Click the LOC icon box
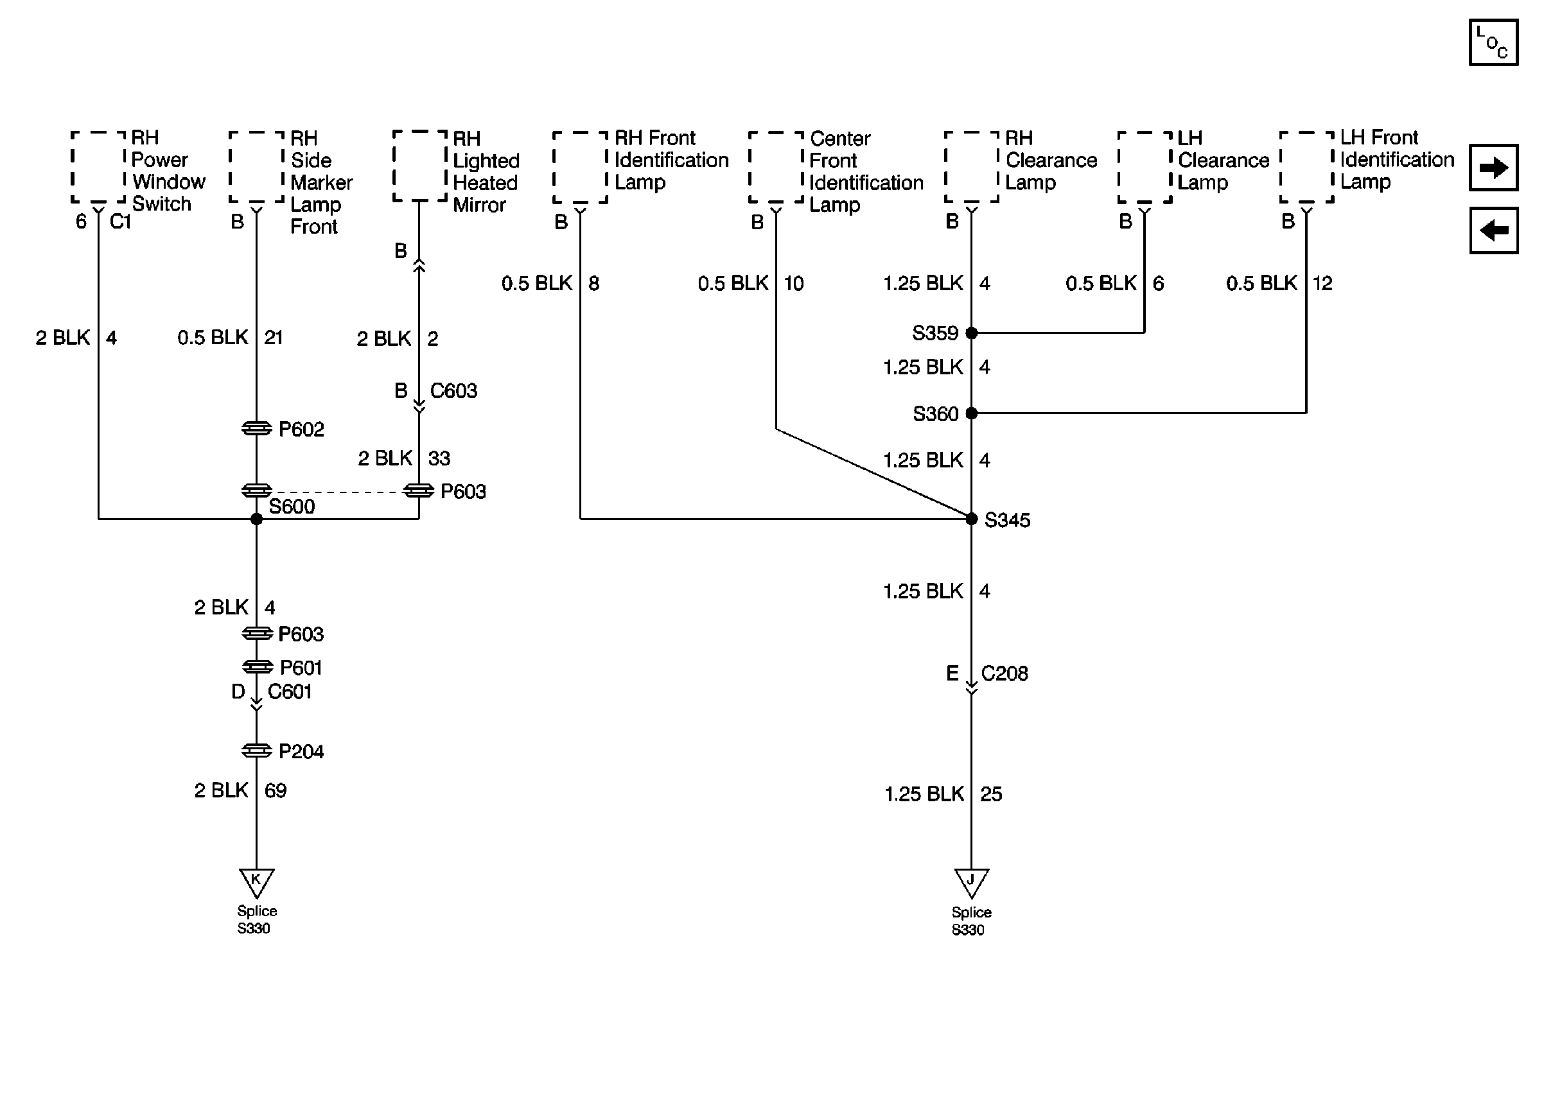[x=1493, y=42]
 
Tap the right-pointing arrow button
[x=1493, y=167]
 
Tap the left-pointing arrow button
[x=1493, y=230]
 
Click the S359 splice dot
[x=971, y=333]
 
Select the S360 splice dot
[x=971, y=413]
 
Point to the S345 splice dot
[x=971, y=519]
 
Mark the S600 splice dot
[x=256, y=519]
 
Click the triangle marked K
[x=256, y=882]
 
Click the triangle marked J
[x=970, y=882]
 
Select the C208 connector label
[x=1004, y=673]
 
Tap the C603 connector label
[x=453, y=390]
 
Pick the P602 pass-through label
[x=301, y=430]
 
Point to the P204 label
[x=301, y=751]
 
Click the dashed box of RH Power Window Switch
[x=98, y=167]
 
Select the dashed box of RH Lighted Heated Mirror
[x=420, y=166]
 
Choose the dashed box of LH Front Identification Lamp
[x=1306, y=167]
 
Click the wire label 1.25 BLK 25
[x=943, y=794]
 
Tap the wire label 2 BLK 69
[x=240, y=790]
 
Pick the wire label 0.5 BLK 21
[x=229, y=338]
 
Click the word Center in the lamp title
[x=839, y=139]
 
